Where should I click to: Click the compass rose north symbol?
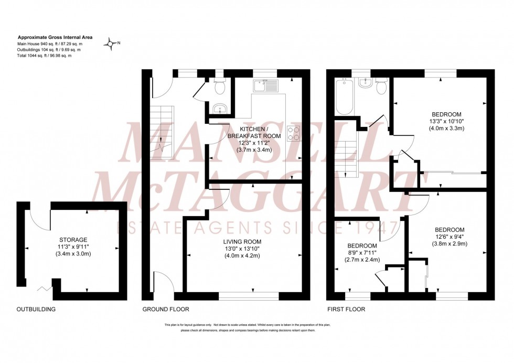[112, 44]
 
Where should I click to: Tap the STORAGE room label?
[73, 240]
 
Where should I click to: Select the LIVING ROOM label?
[242, 242]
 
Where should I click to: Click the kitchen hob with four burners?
[294, 134]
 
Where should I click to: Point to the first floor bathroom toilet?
[381, 87]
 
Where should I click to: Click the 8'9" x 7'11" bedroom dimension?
[361, 253]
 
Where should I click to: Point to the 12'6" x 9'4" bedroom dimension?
[449, 237]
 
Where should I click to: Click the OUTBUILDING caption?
[36, 309]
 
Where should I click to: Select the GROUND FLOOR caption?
[166, 309]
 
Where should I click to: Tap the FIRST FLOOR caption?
[346, 309]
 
